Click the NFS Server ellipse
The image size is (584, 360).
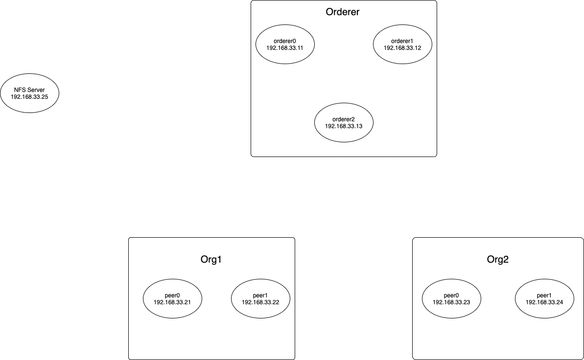[29, 93]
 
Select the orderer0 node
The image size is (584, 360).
[285, 45]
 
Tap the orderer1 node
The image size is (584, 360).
[402, 45]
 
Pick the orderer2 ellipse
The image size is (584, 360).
[344, 122]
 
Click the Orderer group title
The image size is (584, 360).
[343, 12]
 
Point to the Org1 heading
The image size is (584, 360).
[211, 259]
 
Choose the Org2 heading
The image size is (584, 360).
[497, 259]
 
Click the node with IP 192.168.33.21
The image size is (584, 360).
[172, 298]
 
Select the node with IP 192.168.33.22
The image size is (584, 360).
[260, 298]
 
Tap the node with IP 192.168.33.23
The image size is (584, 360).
[451, 298]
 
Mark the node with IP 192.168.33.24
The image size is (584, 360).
[544, 298]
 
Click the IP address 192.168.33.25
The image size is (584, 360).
[29, 96]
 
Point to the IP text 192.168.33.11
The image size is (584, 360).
[285, 48]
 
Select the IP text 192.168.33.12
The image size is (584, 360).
[402, 48]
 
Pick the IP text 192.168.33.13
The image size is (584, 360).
[344, 126]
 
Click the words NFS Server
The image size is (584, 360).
[29, 90]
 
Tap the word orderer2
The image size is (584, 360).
[344, 119]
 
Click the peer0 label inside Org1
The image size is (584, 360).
[172, 295]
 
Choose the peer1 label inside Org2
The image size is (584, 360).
[544, 295]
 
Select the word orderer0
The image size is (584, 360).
[285, 41]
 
